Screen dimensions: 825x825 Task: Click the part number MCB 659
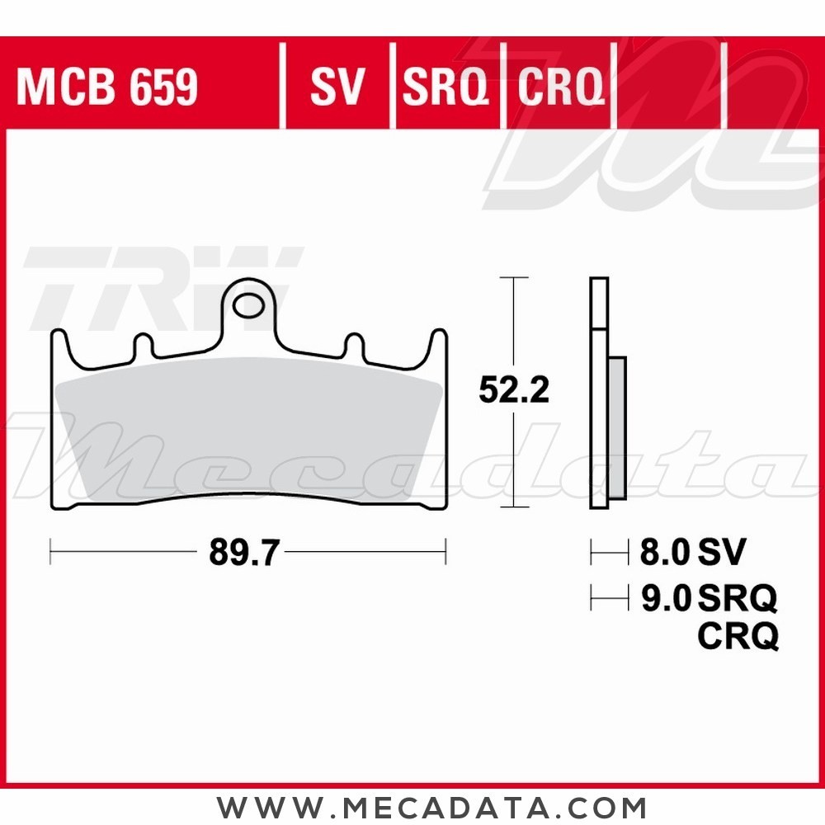tap(107, 87)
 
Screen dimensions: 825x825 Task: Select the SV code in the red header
tap(337, 87)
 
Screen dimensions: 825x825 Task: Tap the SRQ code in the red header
tap(445, 87)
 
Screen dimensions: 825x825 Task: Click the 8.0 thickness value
tap(665, 553)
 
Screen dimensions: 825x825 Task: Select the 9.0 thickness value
tap(665, 599)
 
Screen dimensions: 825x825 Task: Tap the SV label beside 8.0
tap(721, 553)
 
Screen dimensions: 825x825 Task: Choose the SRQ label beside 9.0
tap(738, 599)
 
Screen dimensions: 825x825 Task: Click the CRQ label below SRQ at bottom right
tap(738, 636)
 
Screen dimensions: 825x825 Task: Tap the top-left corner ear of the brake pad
tap(59, 338)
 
